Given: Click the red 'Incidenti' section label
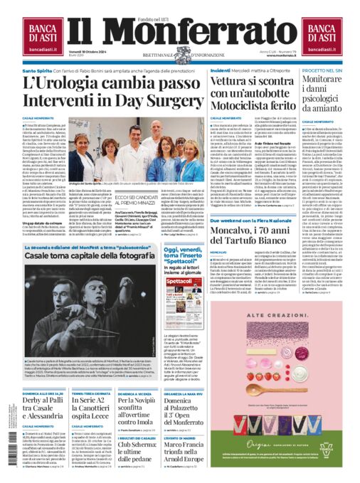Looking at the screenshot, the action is pos(221,71).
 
